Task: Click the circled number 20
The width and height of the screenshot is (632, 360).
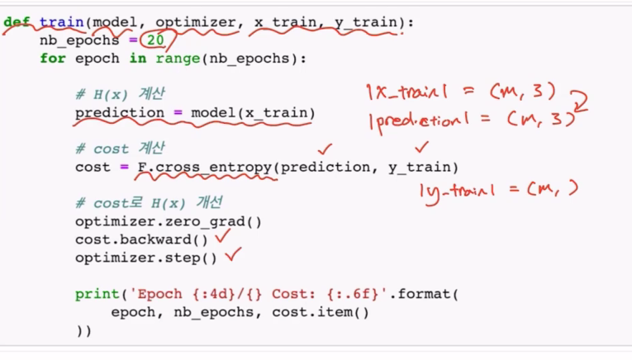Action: point(156,40)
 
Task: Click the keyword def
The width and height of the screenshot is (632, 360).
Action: point(17,22)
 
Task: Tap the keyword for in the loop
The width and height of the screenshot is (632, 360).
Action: point(52,59)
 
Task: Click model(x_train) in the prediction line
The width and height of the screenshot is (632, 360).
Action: point(252,112)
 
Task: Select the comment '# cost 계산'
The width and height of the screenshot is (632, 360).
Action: point(121,149)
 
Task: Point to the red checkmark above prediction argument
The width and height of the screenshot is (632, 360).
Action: point(325,149)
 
